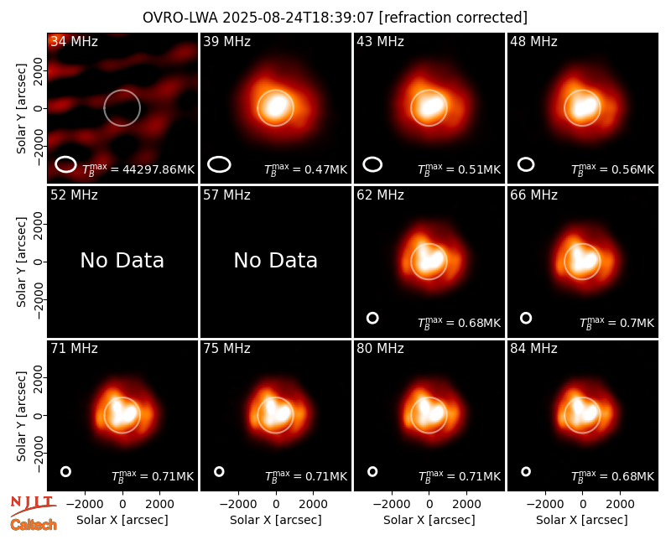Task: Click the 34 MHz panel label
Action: point(74,41)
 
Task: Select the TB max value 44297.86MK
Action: point(138,169)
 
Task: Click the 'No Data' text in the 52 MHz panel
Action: point(122,260)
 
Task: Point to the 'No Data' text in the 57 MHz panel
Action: point(276,260)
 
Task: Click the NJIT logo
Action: point(33,506)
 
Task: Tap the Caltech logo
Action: point(34,525)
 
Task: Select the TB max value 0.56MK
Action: point(613,169)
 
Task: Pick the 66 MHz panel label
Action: point(533,195)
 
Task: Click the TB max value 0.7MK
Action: point(616,323)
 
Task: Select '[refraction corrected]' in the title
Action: point(453,18)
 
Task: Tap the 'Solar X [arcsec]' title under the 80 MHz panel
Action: point(429,520)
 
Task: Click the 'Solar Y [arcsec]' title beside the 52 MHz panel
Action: point(21,262)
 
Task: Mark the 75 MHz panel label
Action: point(226,349)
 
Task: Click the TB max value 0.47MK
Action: point(305,169)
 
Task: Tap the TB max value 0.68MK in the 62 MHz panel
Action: point(459,323)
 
